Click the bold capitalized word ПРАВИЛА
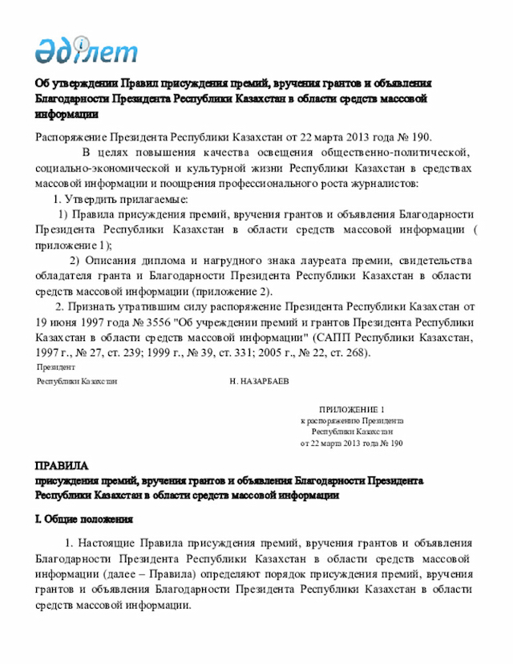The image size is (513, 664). pos(62,466)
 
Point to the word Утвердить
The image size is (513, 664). pos(95,199)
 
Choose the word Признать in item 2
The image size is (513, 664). pos(93,307)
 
